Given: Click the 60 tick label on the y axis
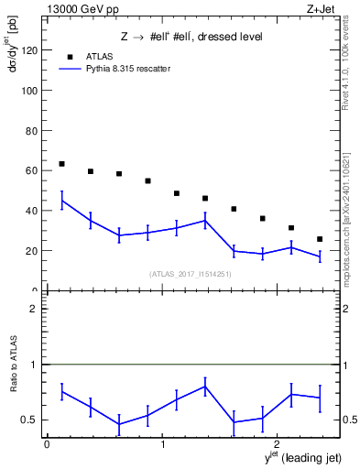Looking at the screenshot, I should pyautogui.click(x=32, y=171).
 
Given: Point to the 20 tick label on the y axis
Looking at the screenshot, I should pyautogui.click(x=32, y=251).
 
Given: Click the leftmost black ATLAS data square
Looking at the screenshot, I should pyautogui.click(x=61, y=164).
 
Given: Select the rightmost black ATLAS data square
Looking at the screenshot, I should pyautogui.click(x=320, y=239).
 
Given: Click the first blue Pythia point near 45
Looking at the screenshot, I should pyautogui.click(x=61, y=201).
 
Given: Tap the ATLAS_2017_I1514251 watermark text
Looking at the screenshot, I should pyautogui.click(x=191, y=274).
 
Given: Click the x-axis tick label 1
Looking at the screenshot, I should pyautogui.click(x=162, y=444).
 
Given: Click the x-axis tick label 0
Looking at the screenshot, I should pyautogui.click(x=47, y=444).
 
